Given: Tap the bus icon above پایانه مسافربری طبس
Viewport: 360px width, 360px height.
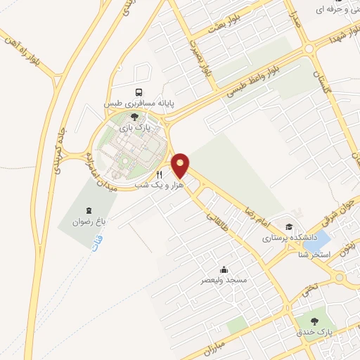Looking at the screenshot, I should point(140,92).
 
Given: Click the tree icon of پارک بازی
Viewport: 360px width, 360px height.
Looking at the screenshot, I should point(135,116).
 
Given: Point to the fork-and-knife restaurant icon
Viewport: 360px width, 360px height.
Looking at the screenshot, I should point(160,174).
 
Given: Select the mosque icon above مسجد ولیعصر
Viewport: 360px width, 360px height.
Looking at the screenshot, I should point(224,269).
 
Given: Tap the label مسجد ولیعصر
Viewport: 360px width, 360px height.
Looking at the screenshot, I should point(224,280).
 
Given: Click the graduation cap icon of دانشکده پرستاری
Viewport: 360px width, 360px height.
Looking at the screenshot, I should point(289,226).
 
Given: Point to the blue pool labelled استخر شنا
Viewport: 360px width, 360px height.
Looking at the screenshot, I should point(323,238).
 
